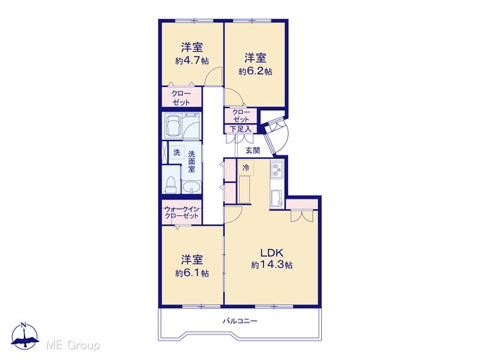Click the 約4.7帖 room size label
click(x=192, y=61)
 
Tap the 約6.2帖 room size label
click(x=255, y=71)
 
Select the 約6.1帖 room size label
click(x=192, y=273)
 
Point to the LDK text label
click(x=271, y=253)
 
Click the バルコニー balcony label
click(x=240, y=321)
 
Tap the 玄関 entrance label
click(x=253, y=150)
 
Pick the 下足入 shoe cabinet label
click(x=241, y=129)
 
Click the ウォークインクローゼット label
click(x=181, y=212)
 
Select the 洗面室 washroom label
click(x=192, y=161)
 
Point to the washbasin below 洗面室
click(x=192, y=187)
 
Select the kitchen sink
click(x=277, y=198)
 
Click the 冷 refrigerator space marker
click(x=246, y=167)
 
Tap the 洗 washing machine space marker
click(x=177, y=152)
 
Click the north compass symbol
click(x=25, y=336)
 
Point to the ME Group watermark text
click(x=73, y=345)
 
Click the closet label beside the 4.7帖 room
click(x=181, y=97)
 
